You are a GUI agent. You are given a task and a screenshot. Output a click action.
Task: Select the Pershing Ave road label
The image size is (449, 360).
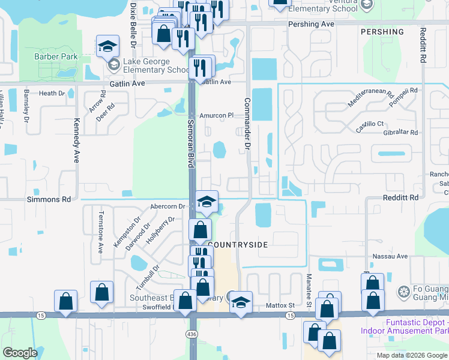[x=311, y=24]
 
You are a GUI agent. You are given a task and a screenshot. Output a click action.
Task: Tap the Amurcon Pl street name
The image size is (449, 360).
[x=216, y=115]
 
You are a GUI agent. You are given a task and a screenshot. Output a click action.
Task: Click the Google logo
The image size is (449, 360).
[x=20, y=353]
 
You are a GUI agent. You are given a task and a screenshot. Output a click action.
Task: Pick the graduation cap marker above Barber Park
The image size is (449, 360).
[x=107, y=46]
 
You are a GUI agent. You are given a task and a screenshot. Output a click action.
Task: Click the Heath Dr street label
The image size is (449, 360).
[x=52, y=94]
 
